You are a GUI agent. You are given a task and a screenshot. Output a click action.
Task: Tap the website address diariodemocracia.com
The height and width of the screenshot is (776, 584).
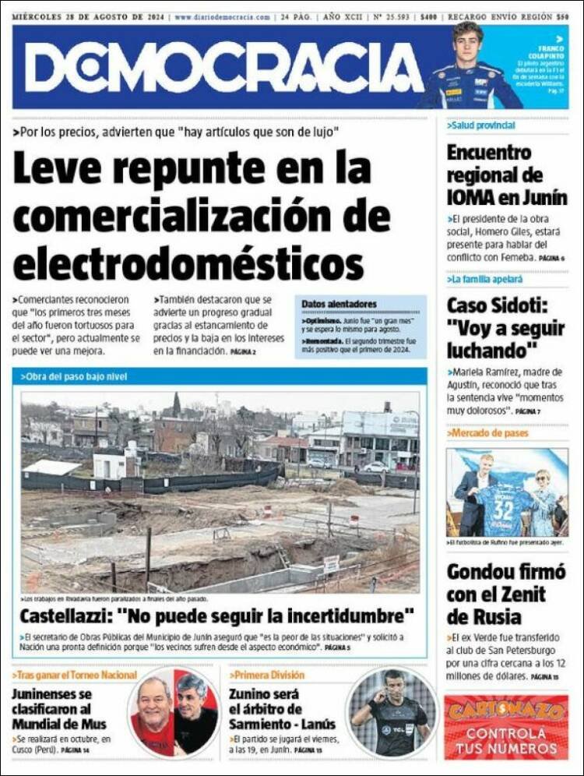(x=223, y=16)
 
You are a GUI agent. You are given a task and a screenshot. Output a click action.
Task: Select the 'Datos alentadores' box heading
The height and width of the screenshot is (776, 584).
(x=339, y=304)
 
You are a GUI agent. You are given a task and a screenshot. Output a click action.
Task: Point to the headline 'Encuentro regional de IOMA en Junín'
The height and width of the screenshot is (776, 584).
(x=506, y=175)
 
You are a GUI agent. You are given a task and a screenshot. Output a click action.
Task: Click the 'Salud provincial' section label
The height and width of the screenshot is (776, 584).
(x=482, y=125)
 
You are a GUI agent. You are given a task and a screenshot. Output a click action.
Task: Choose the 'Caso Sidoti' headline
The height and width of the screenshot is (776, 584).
(x=506, y=327)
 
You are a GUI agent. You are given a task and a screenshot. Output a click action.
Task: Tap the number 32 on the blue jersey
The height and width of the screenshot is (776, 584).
(x=503, y=510)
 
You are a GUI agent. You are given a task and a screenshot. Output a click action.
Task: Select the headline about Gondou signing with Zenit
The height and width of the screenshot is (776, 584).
(x=506, y=594)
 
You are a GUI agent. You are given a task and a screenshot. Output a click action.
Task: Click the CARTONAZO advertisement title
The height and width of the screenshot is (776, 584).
(x=506, y=711)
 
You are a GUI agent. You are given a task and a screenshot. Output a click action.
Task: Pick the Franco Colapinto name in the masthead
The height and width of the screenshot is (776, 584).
(x=547, y=51)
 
